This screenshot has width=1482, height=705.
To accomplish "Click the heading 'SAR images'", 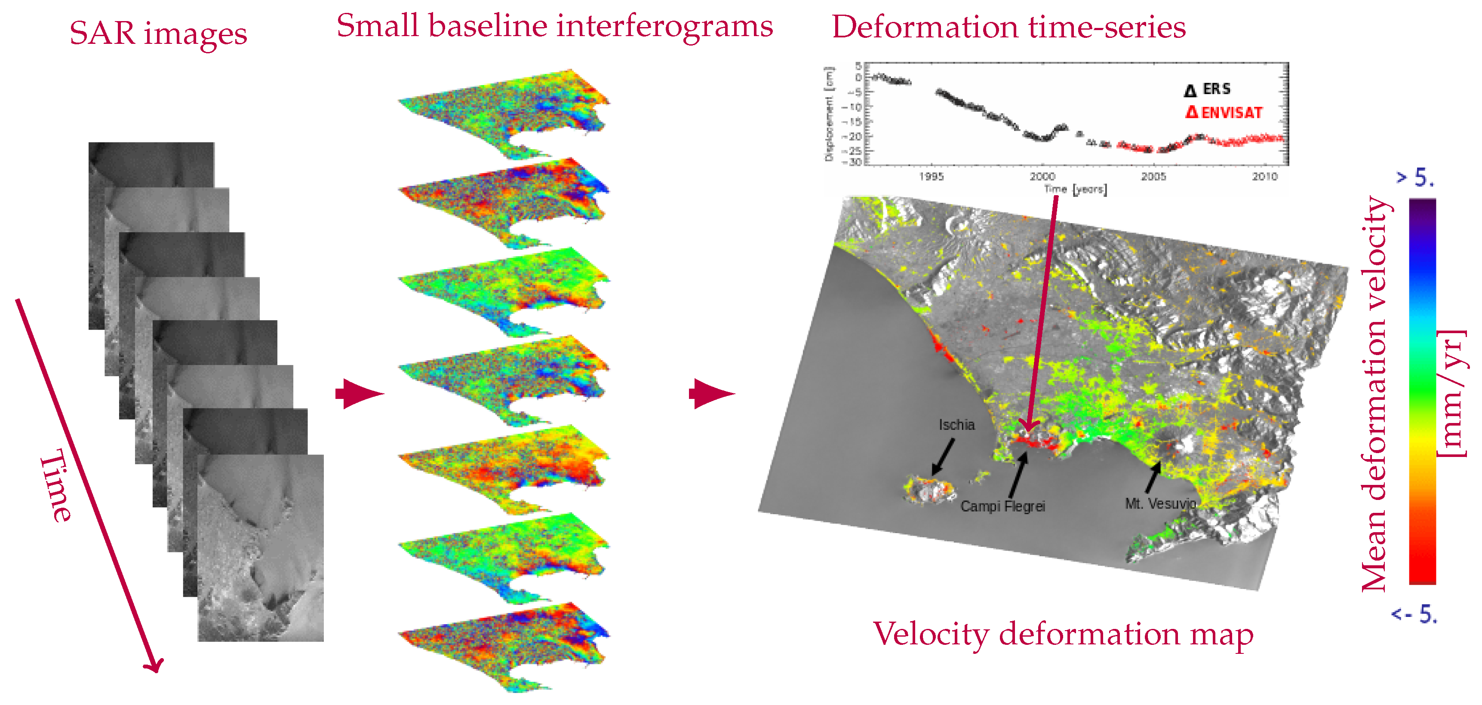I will click(158, 34).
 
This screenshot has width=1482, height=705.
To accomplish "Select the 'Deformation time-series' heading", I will click(1008, 28).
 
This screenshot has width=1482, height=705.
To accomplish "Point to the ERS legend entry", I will click(1208, 89).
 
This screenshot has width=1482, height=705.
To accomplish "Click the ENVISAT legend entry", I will click(1224, 112).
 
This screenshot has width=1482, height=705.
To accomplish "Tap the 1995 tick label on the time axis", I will click(931, 177).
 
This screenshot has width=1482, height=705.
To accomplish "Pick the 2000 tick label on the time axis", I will click(1042, 177).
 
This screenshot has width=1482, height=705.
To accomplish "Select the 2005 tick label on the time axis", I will click(1153, 177).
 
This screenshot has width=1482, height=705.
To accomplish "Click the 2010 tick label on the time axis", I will click(1264, 177).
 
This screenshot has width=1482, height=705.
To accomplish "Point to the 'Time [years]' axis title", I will click(1075, 189).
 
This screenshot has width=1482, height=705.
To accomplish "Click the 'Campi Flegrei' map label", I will click(1002, 506).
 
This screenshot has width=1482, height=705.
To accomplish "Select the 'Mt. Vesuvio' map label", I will click(1160, 504).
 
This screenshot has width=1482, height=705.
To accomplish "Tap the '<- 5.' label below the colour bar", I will click(1414, 615).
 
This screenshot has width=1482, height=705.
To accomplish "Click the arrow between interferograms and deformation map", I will click(711, 394).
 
